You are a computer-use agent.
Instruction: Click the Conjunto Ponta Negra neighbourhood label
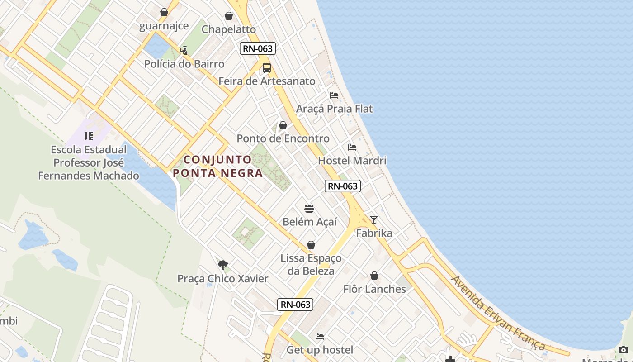[x=217, y=166]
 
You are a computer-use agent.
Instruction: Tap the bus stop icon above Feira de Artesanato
[x=267, y=68]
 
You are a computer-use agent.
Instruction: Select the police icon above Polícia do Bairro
[x=184, y=50]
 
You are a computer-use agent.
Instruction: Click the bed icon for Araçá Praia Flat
[x=334, y=95]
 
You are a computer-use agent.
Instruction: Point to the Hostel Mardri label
[x=352, y=161]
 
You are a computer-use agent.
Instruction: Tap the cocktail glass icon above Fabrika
[x=373, y=220]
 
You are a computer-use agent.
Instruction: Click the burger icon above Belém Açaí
[x=309, y=209]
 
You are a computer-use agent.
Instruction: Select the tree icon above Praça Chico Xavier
[x=222, y=265]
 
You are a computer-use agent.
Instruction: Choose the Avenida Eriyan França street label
[x=498, y=313]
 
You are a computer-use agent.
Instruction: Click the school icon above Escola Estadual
[x=89, y=136]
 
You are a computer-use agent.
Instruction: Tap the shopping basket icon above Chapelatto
[x=229, y=16]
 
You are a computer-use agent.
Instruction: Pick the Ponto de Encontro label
[x=283, y=138]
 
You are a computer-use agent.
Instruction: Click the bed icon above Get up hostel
[x=320, y=337]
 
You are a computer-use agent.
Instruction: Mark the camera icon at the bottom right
[x=623, y=350]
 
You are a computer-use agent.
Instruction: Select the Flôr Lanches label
[x=374, y=289]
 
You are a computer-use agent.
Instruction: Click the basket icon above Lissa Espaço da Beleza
[x=311, y=245]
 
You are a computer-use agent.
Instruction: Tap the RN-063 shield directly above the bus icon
[x=258, y=48]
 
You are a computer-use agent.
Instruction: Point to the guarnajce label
[x=164, y=26]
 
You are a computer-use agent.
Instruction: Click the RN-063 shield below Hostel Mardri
[x=343, y=186]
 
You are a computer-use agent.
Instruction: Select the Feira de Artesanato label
[x=267, y=81]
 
